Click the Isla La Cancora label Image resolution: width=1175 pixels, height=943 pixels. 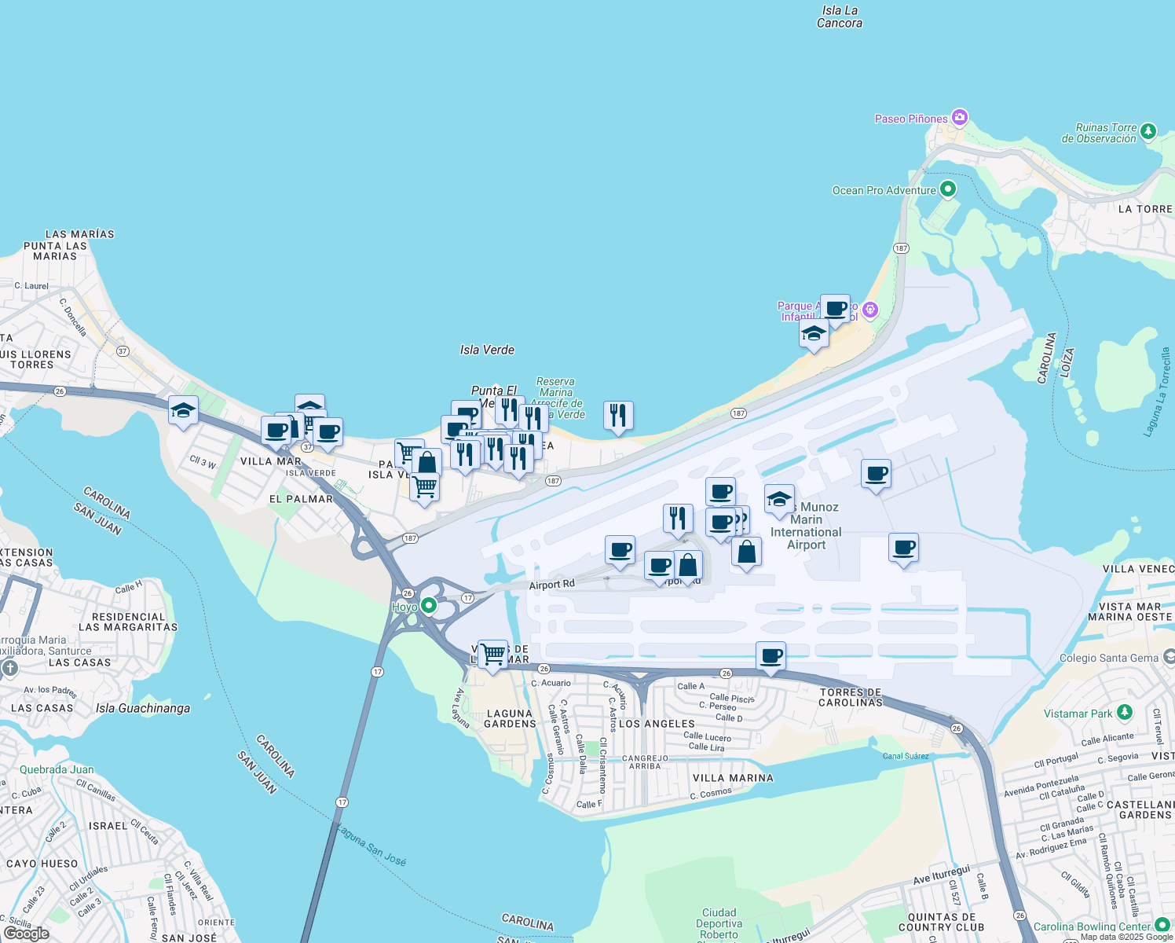(840, 17)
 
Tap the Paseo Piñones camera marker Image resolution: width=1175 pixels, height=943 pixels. (959, 118)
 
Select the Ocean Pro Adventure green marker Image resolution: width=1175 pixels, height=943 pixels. (948, 189)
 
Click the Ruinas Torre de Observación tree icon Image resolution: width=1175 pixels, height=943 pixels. (1148, 131)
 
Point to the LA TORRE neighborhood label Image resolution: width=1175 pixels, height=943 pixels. (1145, 209)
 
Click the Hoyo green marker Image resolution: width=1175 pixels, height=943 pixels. (428, 606)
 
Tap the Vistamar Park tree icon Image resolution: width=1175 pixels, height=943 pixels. (1125, 713)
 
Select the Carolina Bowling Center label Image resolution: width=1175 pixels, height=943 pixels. (1092, 926)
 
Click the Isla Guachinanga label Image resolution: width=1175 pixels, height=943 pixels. (143, 708)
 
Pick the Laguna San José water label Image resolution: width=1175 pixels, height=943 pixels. (371, 845)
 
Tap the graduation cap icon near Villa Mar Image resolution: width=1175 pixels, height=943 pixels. (183, 410)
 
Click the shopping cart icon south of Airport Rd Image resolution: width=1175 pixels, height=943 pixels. (493, 653)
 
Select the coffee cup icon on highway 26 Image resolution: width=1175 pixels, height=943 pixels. (771, 655)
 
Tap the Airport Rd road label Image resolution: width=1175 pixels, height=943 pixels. (551, 585)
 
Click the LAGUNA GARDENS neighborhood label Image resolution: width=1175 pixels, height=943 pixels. (510, 718)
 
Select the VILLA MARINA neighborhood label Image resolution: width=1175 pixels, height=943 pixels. (733, 778)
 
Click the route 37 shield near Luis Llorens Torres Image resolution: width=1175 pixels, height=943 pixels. (123, 351)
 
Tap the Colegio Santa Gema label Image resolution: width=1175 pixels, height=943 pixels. (1108, 658)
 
